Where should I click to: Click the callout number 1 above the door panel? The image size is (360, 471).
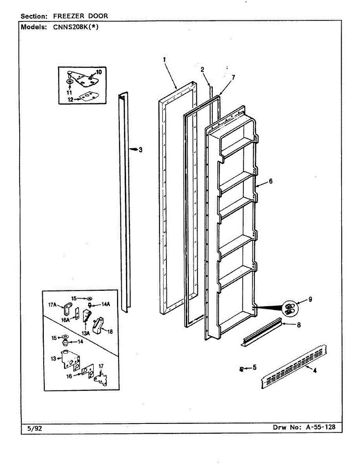pos(164,60)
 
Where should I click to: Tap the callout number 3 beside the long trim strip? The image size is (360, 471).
pos(141,150)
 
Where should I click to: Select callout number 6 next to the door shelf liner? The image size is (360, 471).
pos(270,181)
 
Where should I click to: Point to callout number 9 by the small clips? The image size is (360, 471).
pos(310,299)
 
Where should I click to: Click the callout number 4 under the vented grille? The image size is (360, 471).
pos(314,371)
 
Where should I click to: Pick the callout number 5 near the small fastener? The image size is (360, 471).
pos(254,367)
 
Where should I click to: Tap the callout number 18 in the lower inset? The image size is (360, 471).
pos(110,331)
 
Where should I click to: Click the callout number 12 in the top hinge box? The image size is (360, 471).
pos(70,100)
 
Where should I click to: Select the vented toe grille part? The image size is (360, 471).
pos(294,367)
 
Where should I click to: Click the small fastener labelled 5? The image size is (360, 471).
pos(241,369)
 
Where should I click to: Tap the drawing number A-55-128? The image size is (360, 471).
pos(320,427)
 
